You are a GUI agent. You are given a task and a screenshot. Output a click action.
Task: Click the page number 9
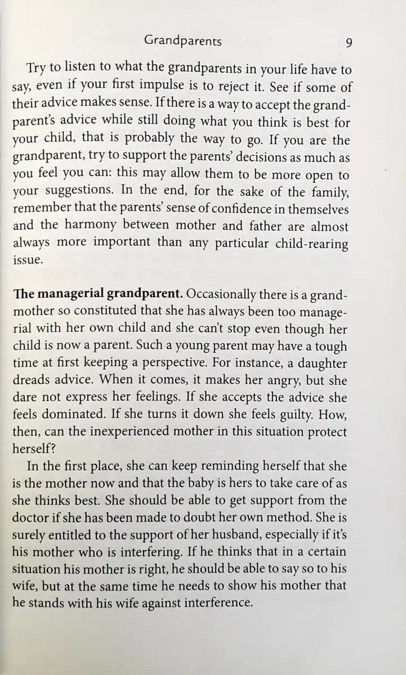tap(349, 42)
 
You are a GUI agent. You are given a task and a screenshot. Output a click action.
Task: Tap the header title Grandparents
tap(183, 41)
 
